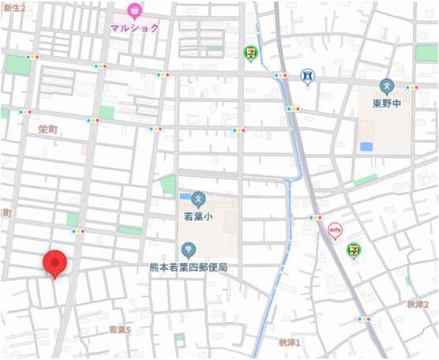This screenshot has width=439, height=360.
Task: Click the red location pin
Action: coord(54,263)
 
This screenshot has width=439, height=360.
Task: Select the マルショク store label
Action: coord(134,28)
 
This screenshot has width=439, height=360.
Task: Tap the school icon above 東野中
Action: coord(387,85)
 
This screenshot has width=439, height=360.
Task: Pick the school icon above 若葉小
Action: coord(199,197)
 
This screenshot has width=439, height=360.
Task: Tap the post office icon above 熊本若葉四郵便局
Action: coord(189,250)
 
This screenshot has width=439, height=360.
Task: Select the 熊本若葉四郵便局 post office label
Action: coord(189,268)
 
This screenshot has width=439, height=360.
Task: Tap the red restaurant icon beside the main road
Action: coord(335,231)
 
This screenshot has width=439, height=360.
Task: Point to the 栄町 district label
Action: coord(48,128)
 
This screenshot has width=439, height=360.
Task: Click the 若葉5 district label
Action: coord(119,329)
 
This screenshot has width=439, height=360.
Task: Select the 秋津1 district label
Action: coord(290,342)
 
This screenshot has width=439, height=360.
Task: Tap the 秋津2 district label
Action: coord(418,304)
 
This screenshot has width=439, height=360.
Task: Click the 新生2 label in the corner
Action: coord(13,7)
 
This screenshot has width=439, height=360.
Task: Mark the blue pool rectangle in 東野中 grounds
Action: coord(366,147)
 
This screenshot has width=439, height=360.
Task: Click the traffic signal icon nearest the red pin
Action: coord(77,231)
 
